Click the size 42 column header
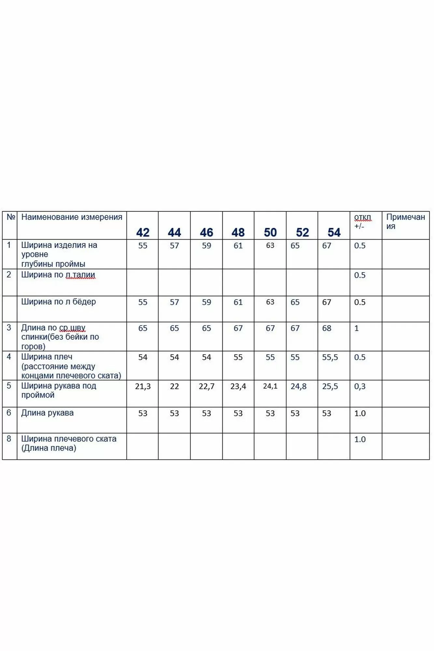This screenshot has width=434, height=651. (143, 232)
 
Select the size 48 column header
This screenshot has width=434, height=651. (238, 232)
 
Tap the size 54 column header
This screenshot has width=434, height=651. (334, 232)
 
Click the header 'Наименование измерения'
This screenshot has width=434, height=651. (72, 217)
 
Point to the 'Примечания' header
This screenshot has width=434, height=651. (405, 221)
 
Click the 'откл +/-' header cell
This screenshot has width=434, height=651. (362, 221)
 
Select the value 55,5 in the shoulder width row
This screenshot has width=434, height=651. (330, 357)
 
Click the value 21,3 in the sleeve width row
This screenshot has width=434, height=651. (143, 386)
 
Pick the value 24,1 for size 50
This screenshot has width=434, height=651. (270, 386)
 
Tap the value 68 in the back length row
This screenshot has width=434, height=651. (327, 328)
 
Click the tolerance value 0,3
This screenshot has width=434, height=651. (360, 386)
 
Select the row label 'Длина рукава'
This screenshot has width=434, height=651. (47, 413)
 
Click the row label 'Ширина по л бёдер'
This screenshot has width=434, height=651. (59, 302)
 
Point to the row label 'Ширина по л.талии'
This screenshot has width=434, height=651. (58, 275)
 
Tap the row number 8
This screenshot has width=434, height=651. (9, 439)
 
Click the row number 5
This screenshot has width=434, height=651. (9, 386)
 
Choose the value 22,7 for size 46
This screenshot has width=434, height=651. (206, 386)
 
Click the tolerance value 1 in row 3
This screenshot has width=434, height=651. (357, 328)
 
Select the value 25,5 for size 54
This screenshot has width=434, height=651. (330, 386)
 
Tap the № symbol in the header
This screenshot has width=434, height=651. (11, 217)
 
